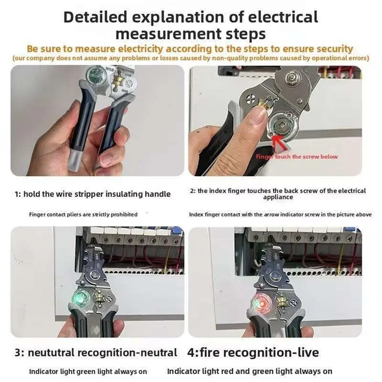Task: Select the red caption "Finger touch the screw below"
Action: [297, 157]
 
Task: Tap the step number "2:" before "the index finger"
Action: [193, 191]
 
